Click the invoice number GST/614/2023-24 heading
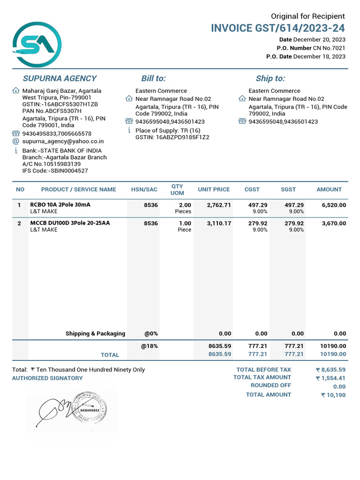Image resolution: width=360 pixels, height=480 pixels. click(278, 28)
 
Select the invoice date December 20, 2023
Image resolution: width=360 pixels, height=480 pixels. click(319, 40)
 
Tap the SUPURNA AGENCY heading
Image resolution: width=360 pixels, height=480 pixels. click(60, 78)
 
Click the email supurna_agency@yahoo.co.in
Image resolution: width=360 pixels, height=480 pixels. click(63, 141)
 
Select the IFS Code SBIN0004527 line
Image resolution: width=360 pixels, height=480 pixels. click(55, 171)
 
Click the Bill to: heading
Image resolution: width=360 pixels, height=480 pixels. click(153, 78)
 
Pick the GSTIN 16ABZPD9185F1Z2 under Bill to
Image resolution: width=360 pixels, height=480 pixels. click(172, 137)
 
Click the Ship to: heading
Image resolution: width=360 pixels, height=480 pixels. click(270, 78)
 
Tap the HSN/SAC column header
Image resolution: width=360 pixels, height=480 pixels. click(144, 189)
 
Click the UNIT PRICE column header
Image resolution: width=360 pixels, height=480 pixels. click(214, 189)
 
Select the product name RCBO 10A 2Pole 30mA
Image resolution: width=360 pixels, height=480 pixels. click(60, 205)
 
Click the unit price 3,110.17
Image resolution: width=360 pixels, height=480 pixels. click(219, 223)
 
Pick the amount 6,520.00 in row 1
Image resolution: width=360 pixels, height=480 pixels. click(334, 205)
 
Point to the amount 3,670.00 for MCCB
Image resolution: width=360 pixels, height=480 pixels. click(334, 223)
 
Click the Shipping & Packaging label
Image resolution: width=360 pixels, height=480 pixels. click(95, 334)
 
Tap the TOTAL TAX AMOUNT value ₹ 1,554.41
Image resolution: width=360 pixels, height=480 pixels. click(330, 378)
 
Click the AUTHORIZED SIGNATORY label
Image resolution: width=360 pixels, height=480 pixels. click(47, 378)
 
